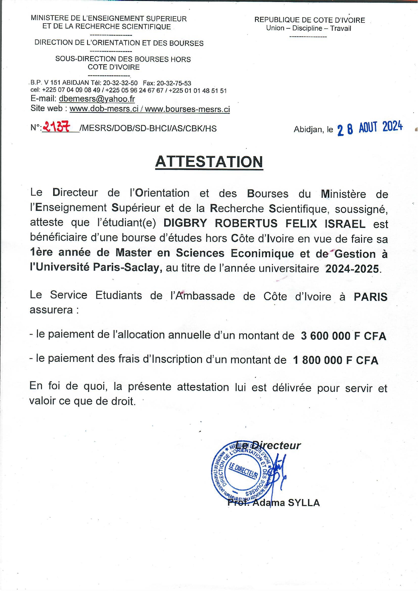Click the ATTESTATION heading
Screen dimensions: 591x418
click(209, 162)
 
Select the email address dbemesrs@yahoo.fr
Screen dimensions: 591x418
click(97, 99)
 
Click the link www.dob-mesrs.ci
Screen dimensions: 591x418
click(104, 109)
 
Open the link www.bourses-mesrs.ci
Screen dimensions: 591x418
click(187, 109)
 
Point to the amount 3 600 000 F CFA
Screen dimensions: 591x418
click(344, 336)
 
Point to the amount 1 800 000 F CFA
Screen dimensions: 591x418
click(336, 360)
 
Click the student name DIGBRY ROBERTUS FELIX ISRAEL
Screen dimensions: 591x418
click(265, 224)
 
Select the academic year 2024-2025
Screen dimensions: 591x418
click(352, 269)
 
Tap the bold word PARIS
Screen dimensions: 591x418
click(371, 297)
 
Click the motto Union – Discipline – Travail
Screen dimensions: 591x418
click(309, 28)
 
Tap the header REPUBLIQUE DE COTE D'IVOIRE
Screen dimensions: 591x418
click(310, 20)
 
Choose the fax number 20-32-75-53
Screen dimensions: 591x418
click(174, 83)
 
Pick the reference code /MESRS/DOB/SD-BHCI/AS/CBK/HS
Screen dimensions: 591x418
click(148, 128)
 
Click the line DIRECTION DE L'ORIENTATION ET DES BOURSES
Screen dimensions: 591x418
click(119, 43)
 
